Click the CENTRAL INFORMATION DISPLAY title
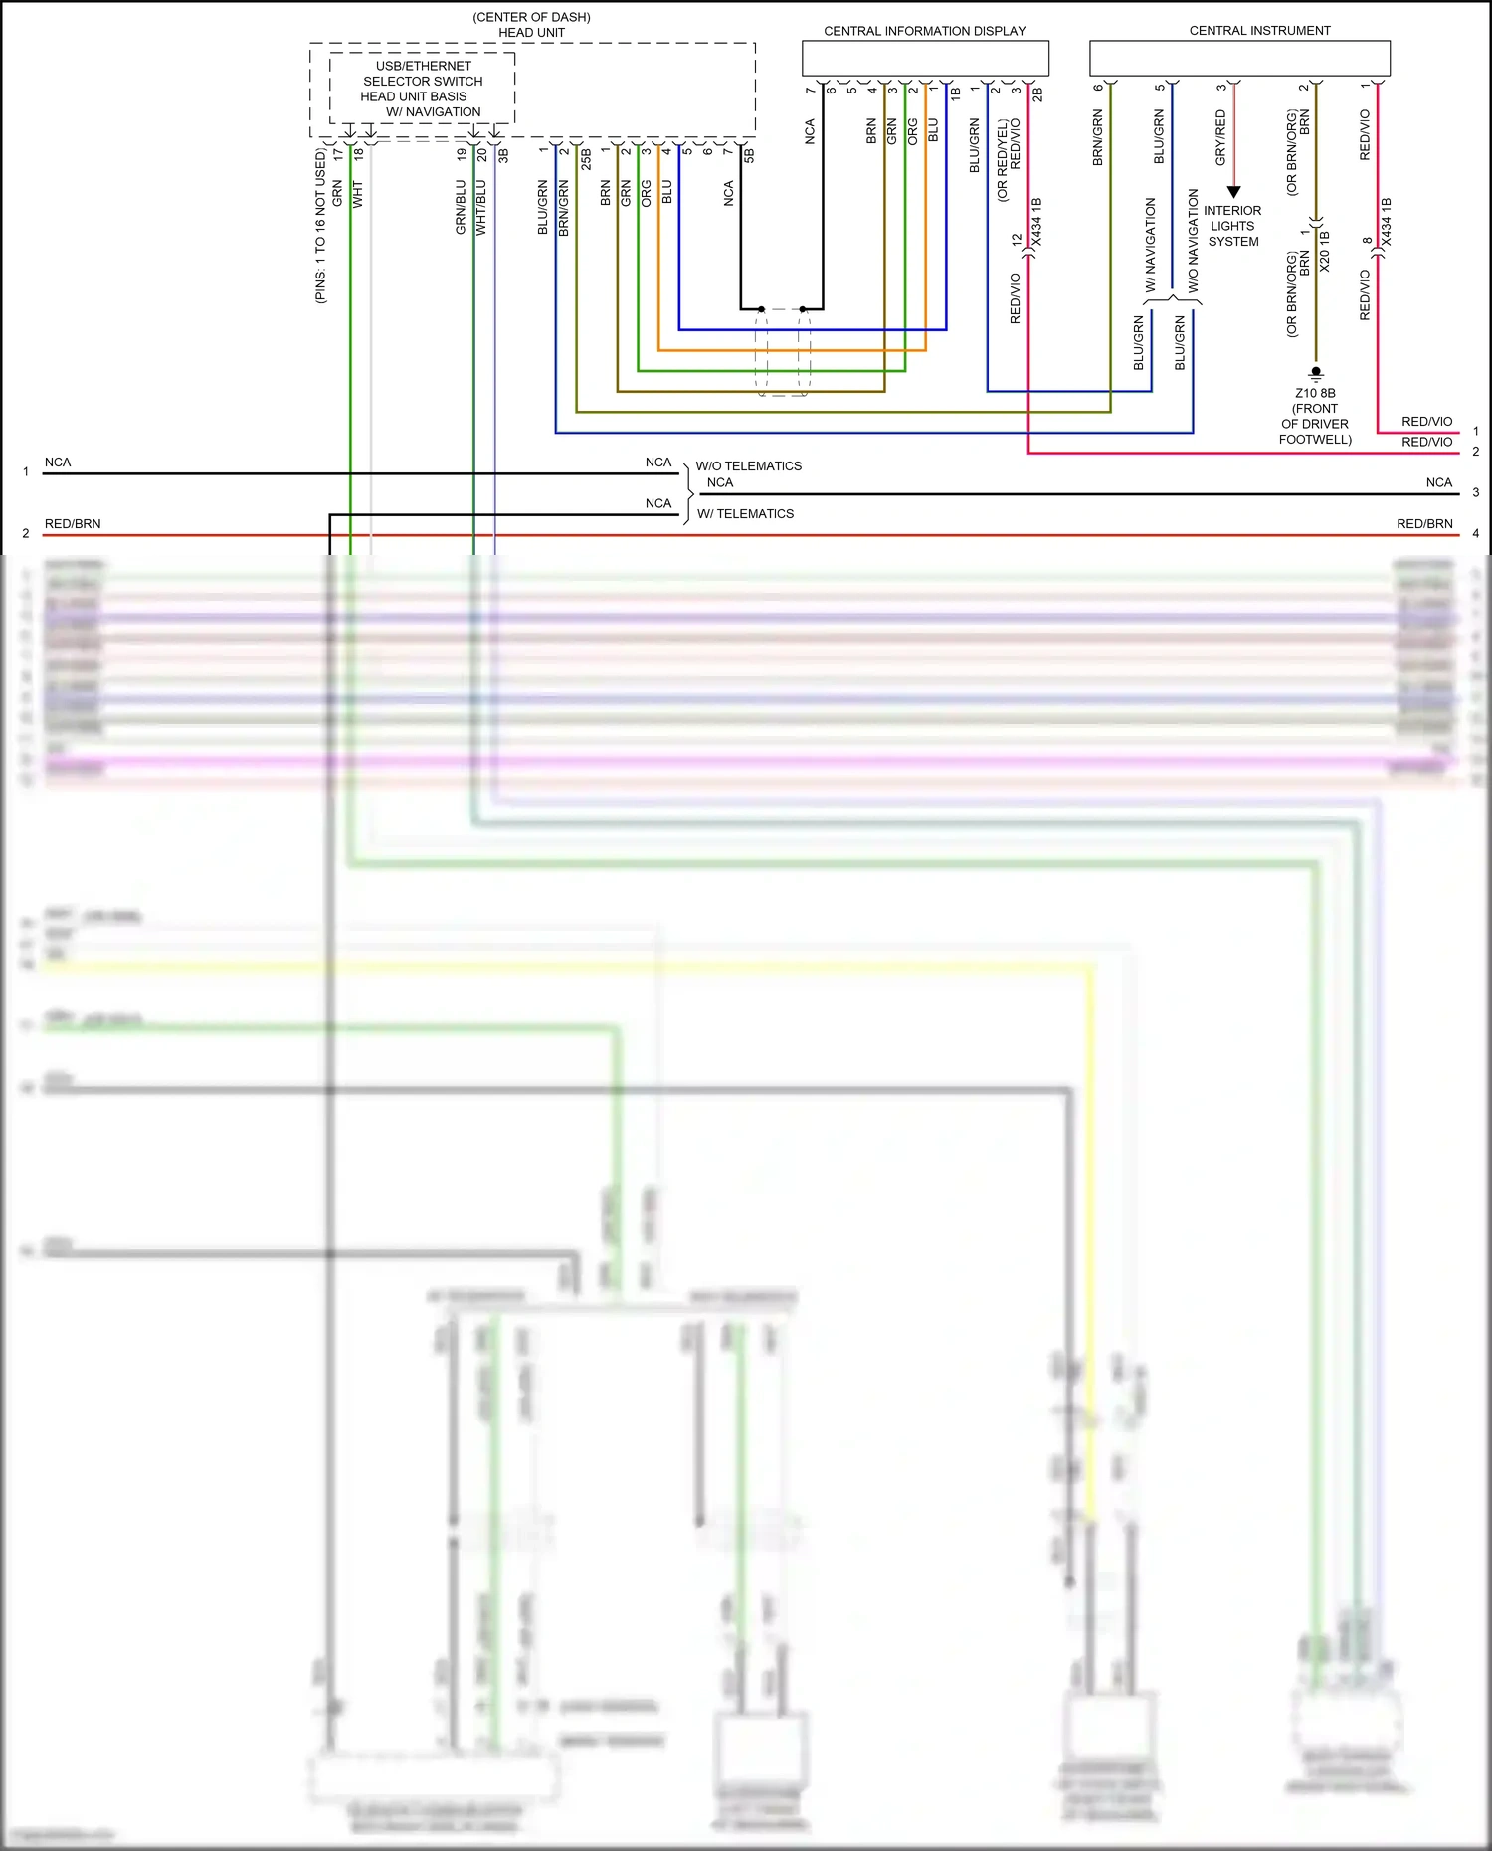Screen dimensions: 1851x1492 point(924,31)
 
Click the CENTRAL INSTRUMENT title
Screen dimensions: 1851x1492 point(1259,31)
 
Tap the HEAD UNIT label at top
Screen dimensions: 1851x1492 point(531,33)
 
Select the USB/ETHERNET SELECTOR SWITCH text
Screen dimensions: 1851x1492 point(423,74)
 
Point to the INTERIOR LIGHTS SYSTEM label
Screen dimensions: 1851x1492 point(1232,226)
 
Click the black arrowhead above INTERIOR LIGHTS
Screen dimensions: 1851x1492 point(1233,192)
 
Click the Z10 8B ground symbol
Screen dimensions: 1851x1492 point(1316,373)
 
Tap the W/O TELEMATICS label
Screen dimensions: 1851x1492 point(748,465)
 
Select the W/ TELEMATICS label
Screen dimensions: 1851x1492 point(745,514)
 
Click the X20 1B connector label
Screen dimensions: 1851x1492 point(1324,252)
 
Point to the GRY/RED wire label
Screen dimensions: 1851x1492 point(1220,137)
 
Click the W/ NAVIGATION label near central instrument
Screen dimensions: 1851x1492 point(1151,245)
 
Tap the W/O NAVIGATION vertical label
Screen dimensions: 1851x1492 point(1193,241)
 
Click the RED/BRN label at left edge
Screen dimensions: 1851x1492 point(73,524)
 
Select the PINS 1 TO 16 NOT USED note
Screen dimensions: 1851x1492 point(320,227)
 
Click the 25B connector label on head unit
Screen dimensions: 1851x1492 point(586,159)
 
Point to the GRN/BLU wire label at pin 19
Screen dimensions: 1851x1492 point(461,207)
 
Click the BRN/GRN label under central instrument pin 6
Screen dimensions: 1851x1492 point(1097,137)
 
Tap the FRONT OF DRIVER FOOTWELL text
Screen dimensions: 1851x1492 point(1315,424)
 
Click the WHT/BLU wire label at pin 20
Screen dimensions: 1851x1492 point(481,207)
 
